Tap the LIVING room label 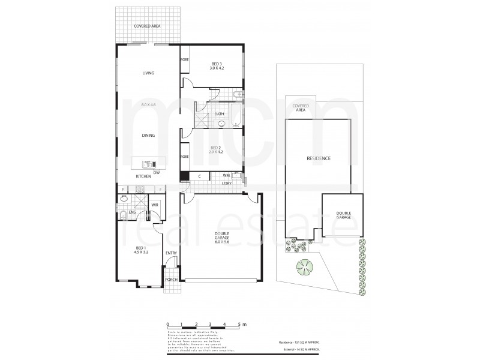coord(148,73)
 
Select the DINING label coord(148,136)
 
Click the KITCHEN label coord(143,176)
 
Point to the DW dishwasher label coord(156,172)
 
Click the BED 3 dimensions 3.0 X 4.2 coord(216,68)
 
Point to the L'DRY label coord(227,183)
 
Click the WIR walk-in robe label coord(154,205)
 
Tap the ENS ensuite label coord(132,212)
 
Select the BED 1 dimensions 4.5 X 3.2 coord(141,253)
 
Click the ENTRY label coord(171,253)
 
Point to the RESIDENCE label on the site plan coord(318,158)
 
